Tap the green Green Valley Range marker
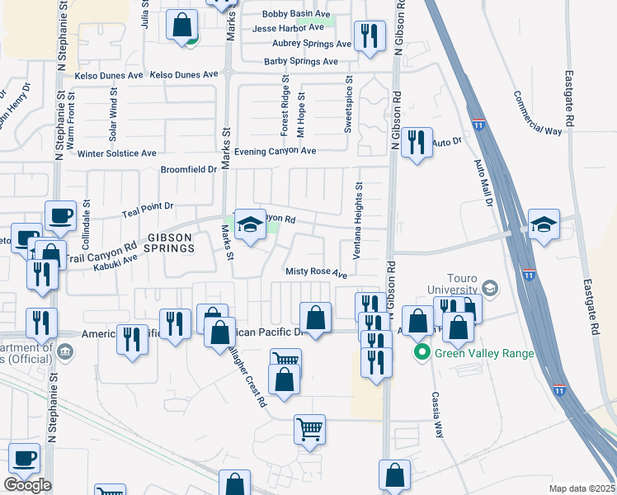point(422,354)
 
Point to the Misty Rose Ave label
point(317,271)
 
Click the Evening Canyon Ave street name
point(276,152)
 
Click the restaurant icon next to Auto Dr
point(417,143)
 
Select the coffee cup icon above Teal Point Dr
point(61,217)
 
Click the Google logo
point(27,485)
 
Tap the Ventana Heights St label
point(358,221)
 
